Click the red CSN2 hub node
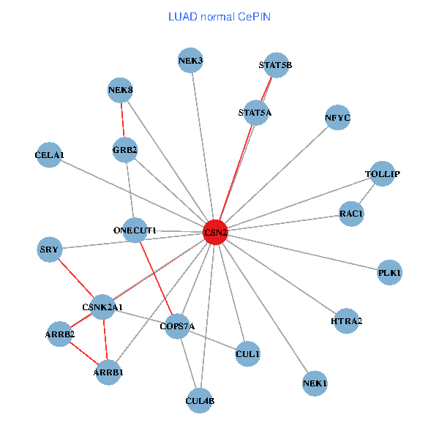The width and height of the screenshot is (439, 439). [215, 232]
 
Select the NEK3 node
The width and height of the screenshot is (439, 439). [190, 61]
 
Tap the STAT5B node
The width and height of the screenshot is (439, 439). [276, 65]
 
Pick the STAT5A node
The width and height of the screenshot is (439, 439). [255, 113]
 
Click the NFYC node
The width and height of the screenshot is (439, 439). [337, 118]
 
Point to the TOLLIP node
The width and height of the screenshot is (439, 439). [383, 174]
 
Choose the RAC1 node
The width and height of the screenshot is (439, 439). [351, 214]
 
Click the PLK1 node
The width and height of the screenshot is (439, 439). [389, 273]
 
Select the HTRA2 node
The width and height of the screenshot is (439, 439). [346, 321]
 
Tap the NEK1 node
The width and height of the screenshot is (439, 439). [315, 383]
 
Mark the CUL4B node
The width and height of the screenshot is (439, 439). [200, 400]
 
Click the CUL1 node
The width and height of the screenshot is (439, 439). [247, 354]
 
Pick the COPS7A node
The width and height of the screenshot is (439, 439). [177, 326]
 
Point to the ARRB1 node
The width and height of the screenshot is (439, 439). [108, 372]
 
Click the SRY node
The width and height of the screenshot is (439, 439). [49, 249]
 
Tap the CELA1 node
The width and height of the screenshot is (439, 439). [49, 155]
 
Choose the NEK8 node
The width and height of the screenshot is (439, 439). [120, 91]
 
